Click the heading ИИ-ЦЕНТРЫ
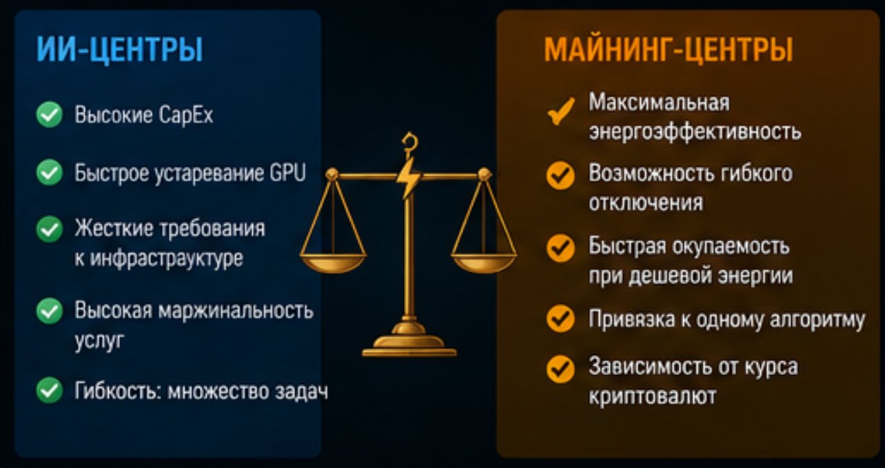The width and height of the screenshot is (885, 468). click(x=120, y=50)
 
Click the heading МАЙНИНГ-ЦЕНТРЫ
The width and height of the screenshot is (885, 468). click(x=669, y=50)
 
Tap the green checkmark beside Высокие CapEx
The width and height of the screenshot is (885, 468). click(x=50, y=115)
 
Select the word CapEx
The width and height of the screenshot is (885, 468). click(x=185, y=116)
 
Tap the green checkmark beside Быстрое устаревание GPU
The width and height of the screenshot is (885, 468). click(x=50, y=172)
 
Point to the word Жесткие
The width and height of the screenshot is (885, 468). click(x=114, y=228)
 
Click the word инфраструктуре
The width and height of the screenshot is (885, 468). click(x=167, y=259)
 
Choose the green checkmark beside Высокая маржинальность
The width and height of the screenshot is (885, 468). click(x=50, y=311)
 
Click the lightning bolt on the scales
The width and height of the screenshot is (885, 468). click(x=409, y=178)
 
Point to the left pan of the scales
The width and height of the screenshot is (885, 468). click(x=333, y=263)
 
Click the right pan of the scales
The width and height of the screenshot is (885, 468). click(x=484, y=263)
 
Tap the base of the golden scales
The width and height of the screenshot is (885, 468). click(x=409, y=344)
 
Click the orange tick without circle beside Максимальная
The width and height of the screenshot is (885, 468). click(x=560, y=112)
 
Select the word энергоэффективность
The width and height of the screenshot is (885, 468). click(x=695, y=131)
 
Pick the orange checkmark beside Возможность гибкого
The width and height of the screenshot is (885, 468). click(x=560, y=175)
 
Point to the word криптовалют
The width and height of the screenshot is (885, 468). click(x=652, y=396)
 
